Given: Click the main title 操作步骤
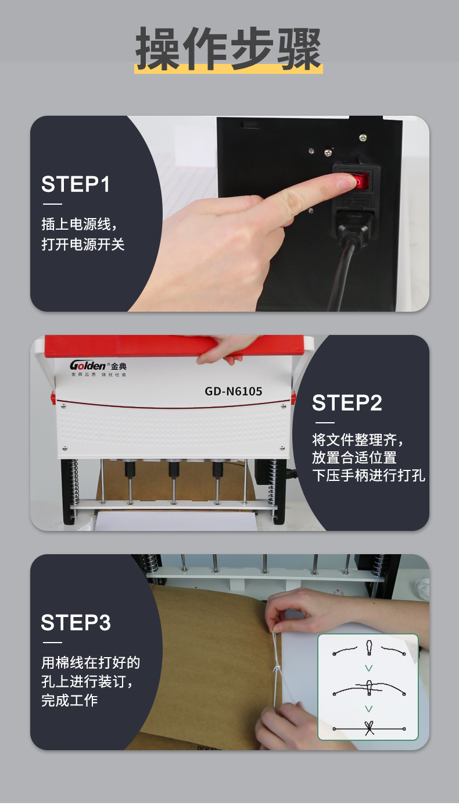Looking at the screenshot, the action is coord(228,49).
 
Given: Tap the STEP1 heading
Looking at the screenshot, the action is coord(76,184).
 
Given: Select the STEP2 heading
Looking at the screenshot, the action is coord(347,402).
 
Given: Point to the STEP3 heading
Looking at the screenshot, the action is coord(76,622).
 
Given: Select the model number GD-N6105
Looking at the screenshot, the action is coord(233,391).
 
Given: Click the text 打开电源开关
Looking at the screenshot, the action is coord(83,245).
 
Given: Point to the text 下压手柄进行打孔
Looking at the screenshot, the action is coord(368,475).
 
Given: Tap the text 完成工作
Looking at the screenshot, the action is coord(69,700).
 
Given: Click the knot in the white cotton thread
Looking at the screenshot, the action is coord(277,671).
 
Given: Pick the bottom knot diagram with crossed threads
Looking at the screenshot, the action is coord(369,728).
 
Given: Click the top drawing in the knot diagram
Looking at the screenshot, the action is coord(369,648).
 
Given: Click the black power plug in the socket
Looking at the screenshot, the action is coord(354,227).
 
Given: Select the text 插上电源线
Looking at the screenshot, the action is coord(76,224).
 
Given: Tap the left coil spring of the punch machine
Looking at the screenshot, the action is coord(74,481).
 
